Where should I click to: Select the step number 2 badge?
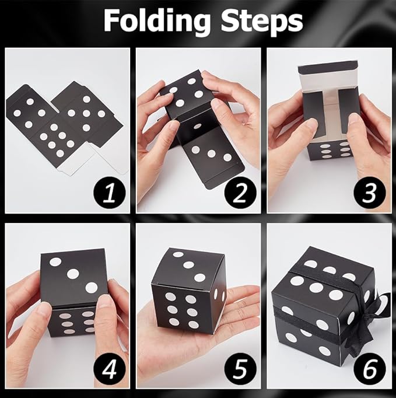tap(240, 194)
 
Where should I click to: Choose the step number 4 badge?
tap(110, 369)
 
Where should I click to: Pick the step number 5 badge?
tap(240, 369)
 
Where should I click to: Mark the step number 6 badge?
tap(370, 369)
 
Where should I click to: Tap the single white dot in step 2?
tap(198, 126)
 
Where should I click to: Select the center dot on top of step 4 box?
tap(73, 273)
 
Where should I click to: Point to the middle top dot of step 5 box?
tap(189, 265)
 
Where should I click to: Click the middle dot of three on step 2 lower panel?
tap(212, 153)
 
